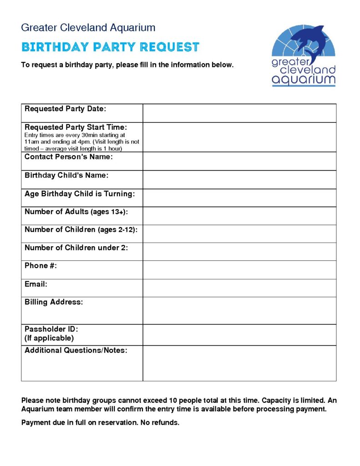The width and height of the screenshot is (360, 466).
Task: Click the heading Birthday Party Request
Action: (x=110, y=47)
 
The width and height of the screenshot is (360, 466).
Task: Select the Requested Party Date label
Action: (x=65, y=108)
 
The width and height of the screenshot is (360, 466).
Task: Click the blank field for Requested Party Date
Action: (x=239, y=113)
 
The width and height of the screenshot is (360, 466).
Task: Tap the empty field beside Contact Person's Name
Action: (x=239, y=161)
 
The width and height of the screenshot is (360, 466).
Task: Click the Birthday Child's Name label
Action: (x=66, y=175)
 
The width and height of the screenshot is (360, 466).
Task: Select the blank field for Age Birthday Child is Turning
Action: (x=239, y=198)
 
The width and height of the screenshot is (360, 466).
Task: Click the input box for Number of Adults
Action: (x=239, y=216)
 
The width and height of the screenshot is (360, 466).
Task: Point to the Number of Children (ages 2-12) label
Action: (x=81, y=230)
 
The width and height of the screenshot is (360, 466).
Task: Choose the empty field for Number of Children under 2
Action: (x=239, y=251)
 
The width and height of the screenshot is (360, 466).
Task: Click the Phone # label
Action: (x=41, y=266)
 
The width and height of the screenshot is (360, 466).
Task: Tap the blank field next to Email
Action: (x=239, y=288)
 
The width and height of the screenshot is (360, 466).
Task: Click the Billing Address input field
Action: (x=239, y=310)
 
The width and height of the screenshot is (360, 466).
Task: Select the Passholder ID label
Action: (x=51, y=329)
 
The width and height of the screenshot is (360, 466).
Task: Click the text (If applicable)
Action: (x=49, y=338)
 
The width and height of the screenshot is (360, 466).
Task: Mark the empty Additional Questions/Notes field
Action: (x=239, y=363)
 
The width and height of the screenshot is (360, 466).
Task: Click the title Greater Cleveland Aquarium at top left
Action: (x=88, y=27)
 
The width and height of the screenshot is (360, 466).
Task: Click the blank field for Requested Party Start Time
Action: (x=239, y=137)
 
